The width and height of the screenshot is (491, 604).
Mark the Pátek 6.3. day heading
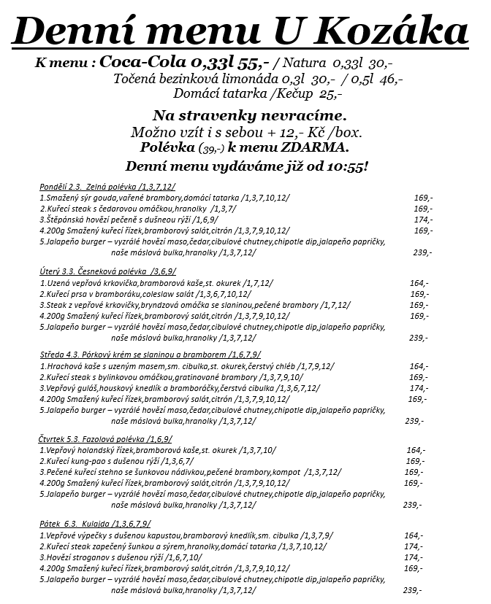[56, 523]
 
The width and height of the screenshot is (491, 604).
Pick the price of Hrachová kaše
[419, 366]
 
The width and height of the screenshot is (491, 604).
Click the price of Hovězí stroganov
[413, 557]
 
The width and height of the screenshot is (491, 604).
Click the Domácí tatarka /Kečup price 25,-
[331, 93]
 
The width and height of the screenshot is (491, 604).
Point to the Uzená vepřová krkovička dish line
[157, 282]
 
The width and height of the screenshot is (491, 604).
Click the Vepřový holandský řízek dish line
[157, 450]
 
